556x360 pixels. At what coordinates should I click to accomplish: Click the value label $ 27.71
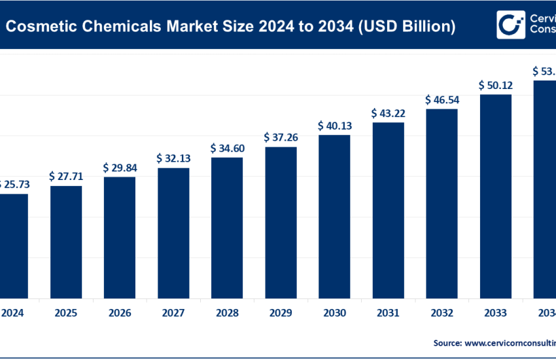pyautogui.click(x=66, y=176)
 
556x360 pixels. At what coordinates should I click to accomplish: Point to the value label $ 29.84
pyautogui.click(x=120, y=168)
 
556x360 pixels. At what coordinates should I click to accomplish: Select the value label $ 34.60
pyautogui.click(x=227, y=149)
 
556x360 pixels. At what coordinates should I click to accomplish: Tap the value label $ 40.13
pyautogui.click(x=334, y=125)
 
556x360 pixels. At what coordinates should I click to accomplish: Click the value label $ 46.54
pyautogui.click(x=442, y=99)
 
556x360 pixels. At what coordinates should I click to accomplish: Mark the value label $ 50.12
pyautogui.click(x=495, y=85)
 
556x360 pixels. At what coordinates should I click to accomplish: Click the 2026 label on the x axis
pyautogui.click(x=120, y=313)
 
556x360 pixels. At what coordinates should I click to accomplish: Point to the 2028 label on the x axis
pyautogui.click(x=227, y=313)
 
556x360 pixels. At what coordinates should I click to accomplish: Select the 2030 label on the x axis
pyautogui.click(x=334, y=313)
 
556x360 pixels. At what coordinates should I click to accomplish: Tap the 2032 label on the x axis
pyautogui.click(x=442, y=313)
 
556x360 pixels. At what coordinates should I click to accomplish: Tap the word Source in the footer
pyautogui.click(x=447, y=342)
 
